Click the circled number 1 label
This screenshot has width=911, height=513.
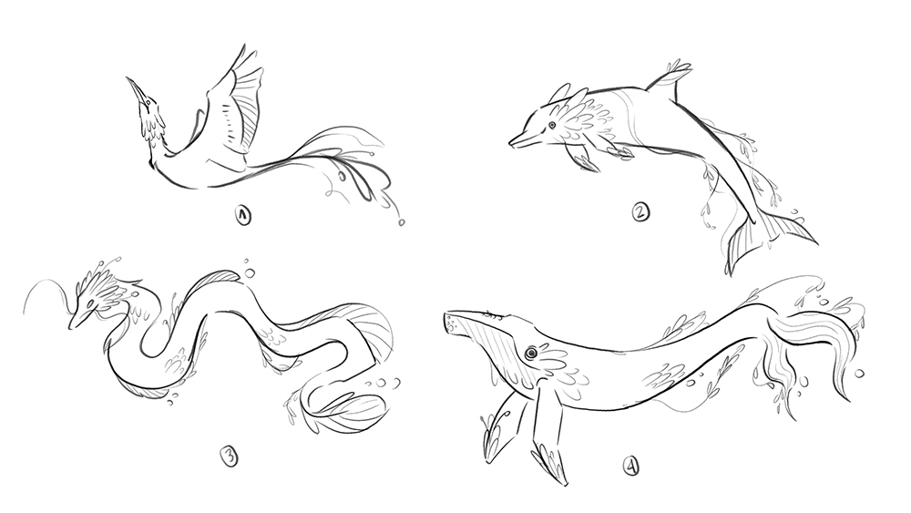click(x=243, y=216)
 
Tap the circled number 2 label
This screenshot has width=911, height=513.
click(x=640, y=212)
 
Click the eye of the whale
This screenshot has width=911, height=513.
click(x=530, y=353)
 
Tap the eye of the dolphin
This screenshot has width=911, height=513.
click(x=551, y=124)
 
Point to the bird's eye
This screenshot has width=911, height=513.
click(x=149, y=103)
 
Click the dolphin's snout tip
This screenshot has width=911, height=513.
click(x=511, y=141)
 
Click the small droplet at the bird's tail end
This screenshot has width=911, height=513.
click(x=401, y=222)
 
